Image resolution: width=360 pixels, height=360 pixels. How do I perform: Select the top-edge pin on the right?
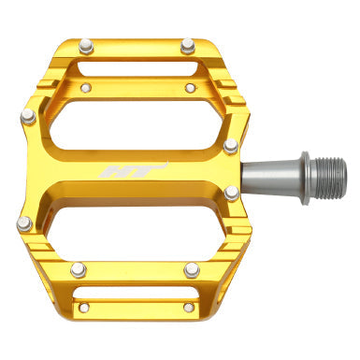click(188, 43)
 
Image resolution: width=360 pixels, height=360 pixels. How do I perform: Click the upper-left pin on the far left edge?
click(27, 116)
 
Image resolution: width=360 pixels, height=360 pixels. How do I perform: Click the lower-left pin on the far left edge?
click(25, 223)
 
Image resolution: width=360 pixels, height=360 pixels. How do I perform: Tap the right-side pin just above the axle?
click(231, 146)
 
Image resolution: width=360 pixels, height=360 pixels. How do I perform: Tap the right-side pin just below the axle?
click(231, 193)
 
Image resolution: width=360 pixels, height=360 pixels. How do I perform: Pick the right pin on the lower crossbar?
click(192, 269)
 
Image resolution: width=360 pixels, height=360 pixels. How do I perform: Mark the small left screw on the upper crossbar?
click(87, 90)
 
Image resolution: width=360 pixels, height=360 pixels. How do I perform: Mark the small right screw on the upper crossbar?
click(190, 90)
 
